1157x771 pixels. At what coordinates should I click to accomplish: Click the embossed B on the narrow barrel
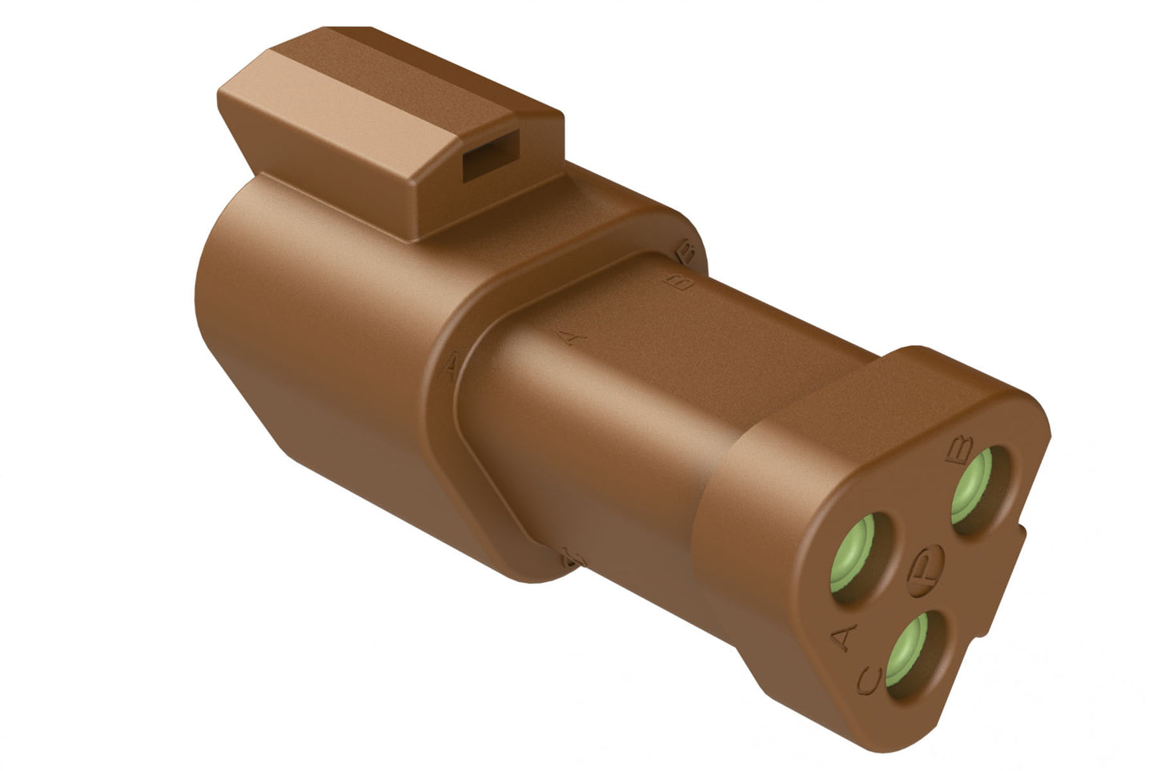pyautogui.click(x=682, y=282)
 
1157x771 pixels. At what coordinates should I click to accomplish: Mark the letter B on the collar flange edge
pyautogui.click(x=686, y=253)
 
